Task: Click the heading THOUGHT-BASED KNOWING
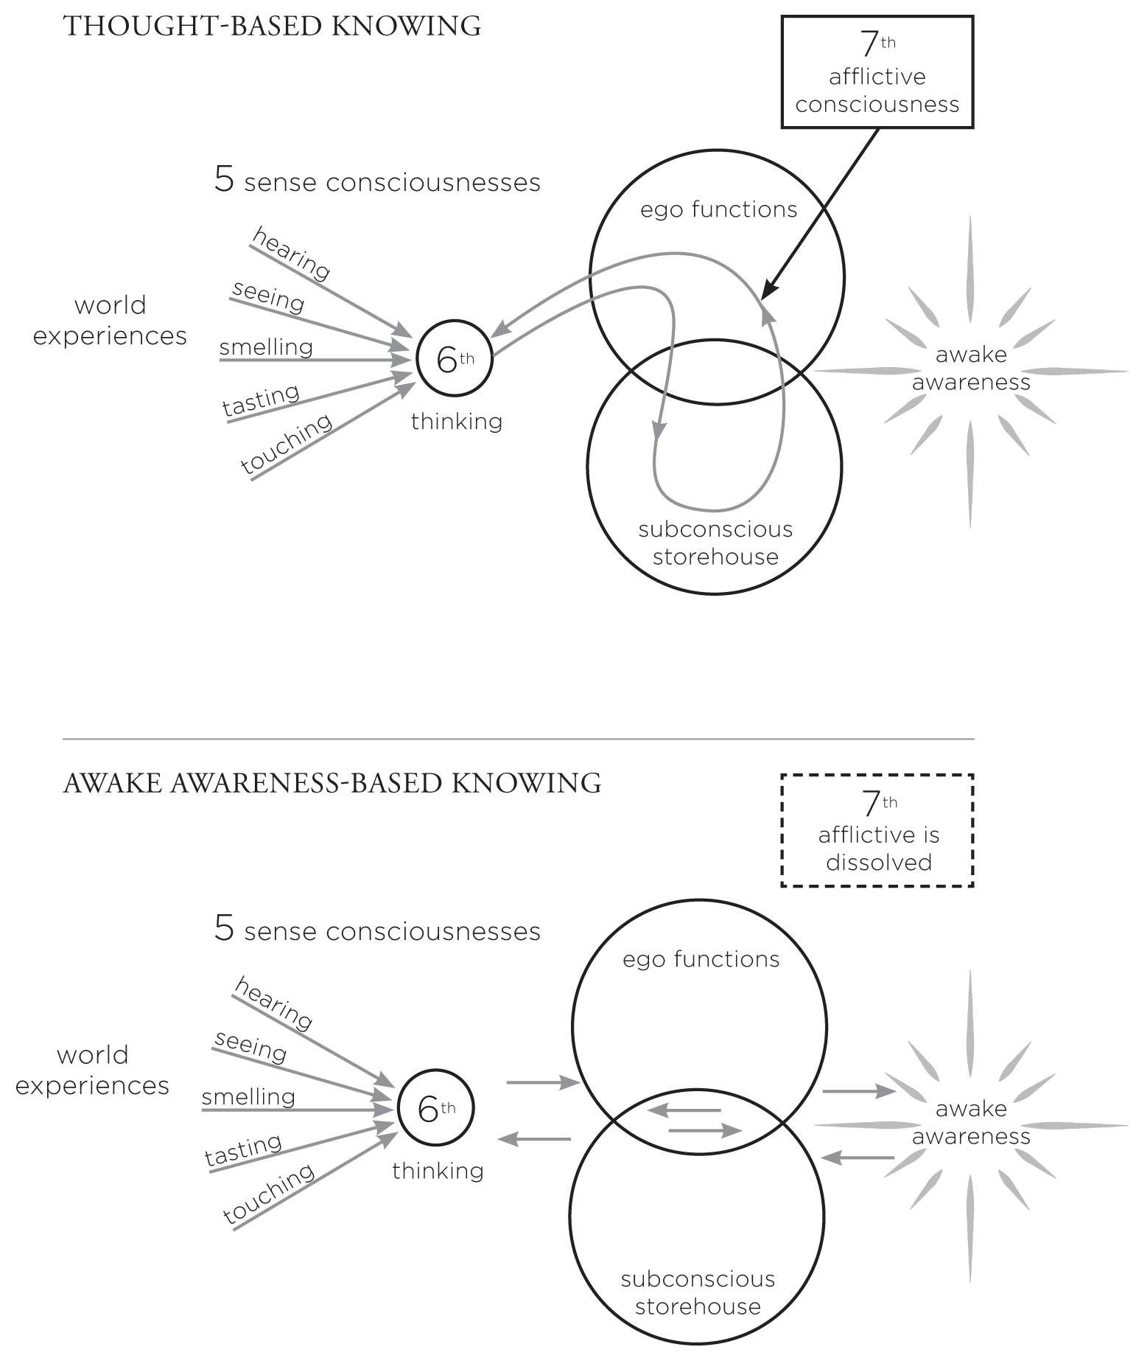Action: [273, 27]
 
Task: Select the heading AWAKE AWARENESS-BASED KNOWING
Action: [332, 782]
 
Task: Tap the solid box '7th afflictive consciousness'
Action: [877, 72]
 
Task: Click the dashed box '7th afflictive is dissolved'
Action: [877, 830]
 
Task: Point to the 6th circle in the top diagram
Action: [455, 359]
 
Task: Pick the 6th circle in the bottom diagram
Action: [435, 1108]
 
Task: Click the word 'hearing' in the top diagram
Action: [292, 254]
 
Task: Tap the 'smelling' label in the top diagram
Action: [266, 347]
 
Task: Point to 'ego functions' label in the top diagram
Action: [718, 210]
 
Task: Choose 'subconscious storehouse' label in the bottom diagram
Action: [698, 1293]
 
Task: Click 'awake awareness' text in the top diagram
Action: [970, 369]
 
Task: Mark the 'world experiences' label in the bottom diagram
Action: [92, 1070]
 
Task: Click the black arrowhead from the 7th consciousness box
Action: [768, 290]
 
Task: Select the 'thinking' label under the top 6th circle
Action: [457, 422]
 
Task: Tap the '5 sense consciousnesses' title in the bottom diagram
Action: [377, 930]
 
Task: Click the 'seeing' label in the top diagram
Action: [268, 296]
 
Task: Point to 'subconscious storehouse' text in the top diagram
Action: [715, 543]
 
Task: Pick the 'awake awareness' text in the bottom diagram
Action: [970, 1122]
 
